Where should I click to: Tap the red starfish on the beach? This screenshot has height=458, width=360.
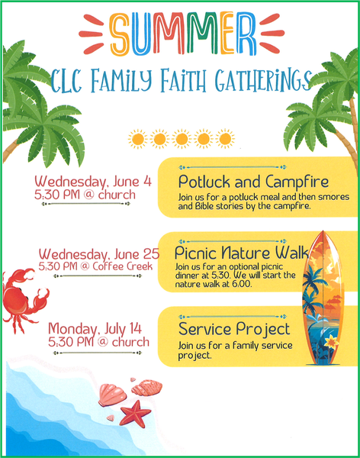[x=135, y=414]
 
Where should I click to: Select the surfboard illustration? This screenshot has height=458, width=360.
[x=323, y=298]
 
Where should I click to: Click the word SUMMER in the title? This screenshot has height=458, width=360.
[x=183, y=34]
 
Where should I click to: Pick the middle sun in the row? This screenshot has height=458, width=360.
[x=182, y=139]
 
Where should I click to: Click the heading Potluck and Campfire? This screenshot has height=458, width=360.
[x=253, y=182]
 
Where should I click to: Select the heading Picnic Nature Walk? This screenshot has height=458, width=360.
[x=242, y=253]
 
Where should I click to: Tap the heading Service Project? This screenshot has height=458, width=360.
[x=234, y=330]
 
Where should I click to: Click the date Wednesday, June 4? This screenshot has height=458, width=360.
[x=93, y=182]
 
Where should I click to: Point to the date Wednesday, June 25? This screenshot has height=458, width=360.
[x=99, y=254]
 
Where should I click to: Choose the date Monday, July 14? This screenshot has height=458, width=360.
[x=95, y=328]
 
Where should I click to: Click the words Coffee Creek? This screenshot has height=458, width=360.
[x=123, y=266]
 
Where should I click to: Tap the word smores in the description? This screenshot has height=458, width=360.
[x=334, y=197]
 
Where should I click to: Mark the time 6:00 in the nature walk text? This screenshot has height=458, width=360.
[x=242, y=284]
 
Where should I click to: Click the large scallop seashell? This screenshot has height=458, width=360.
[x=112, y=395]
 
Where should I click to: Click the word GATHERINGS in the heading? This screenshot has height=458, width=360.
[x=263, y=79]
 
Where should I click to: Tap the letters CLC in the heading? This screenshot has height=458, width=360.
[x=66, y=80]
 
